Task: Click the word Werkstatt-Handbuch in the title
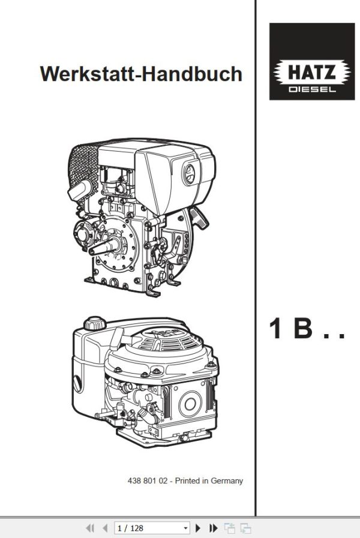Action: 141,74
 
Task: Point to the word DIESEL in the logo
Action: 311,89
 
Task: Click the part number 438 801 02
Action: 149,480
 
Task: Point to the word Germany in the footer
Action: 227,480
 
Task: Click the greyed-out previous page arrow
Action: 106,528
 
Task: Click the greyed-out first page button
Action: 91,528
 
